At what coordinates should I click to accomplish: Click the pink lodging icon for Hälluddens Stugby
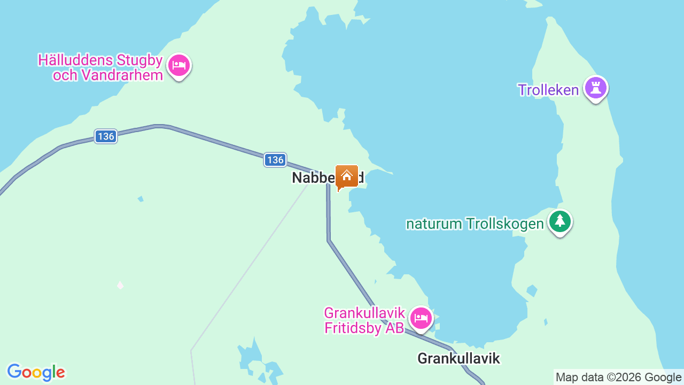click(x=179, y=66)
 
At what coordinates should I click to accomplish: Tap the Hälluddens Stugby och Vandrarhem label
click(x=100, y=67)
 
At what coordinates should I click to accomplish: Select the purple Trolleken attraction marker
click(x=595, y=88)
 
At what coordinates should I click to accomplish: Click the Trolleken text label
click(x=548, y=90)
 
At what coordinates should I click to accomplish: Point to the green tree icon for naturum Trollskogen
click(x=559, y=221)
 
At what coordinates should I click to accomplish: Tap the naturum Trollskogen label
click(x=475, y=224)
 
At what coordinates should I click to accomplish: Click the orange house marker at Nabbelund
click(x=347, y=176)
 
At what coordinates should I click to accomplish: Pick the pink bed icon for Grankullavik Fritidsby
click(x=421, y=319)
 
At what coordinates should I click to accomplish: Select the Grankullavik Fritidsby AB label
click(x=365, y=320)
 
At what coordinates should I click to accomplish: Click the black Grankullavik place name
click(x=458, y=358)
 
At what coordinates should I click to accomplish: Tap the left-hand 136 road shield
click(x=106, y=136)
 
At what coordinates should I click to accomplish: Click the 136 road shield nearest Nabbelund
click(x=275, y=160)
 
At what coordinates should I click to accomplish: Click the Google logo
click(x=36, y=372)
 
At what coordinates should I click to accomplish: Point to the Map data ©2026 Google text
click(x=618, y=378)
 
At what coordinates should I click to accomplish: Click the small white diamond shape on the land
click(x=120, y=286)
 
